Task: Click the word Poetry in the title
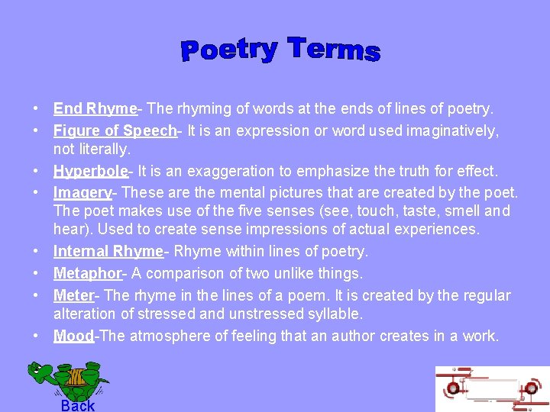pos(228,50)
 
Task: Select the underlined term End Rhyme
pos(95,110)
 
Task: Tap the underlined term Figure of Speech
pos(115,131)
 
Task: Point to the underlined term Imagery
pos(82,192)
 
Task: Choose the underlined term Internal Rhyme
pos(108,251)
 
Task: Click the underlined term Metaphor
pos(88,273)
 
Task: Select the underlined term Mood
pos(73,336)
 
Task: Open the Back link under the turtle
pos(78,405)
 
